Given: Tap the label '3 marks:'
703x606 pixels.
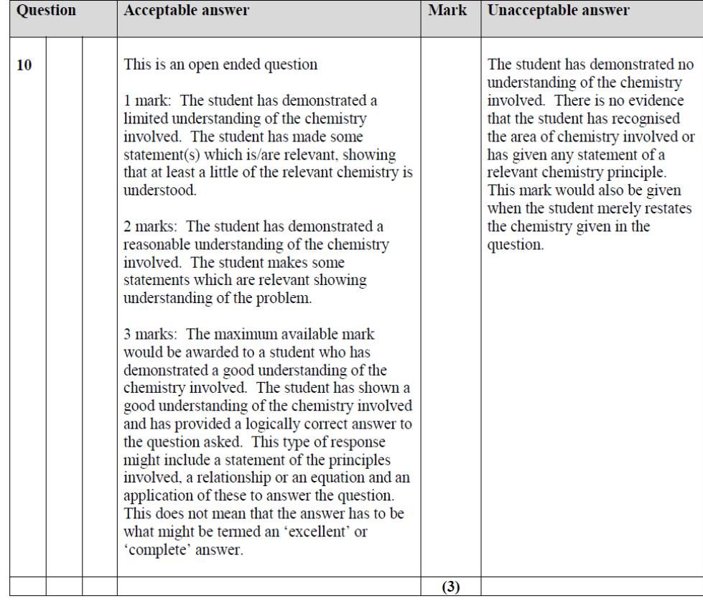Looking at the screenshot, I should pyautogui.click(x=151, y=335).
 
